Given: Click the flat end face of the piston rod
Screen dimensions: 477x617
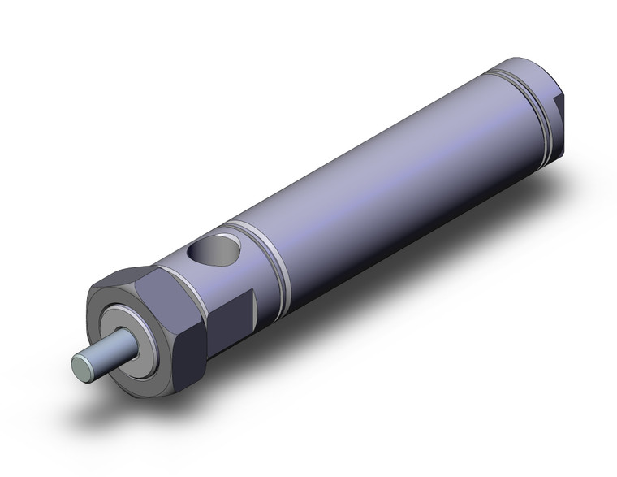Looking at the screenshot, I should [x=81, y=365].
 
